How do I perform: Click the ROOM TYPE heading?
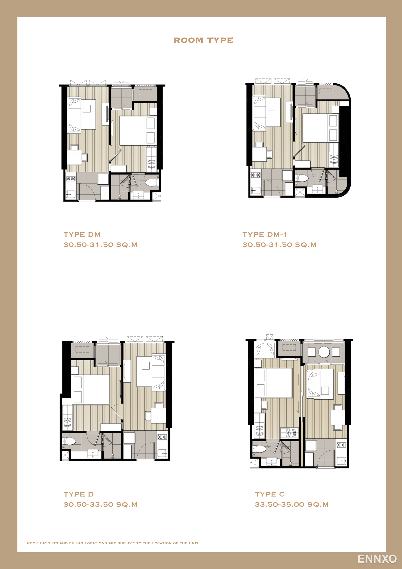(204, 40)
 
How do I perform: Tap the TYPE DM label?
(82, 234)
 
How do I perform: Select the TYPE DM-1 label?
(265, 234)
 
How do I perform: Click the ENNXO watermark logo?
(377, 559)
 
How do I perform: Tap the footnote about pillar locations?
(113, 543)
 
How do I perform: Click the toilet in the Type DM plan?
(152, 182)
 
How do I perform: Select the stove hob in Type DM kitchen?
(71, 179)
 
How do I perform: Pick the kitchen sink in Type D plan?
(162, 453)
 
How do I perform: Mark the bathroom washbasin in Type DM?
(138, 195)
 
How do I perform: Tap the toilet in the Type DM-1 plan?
(302, 178)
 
